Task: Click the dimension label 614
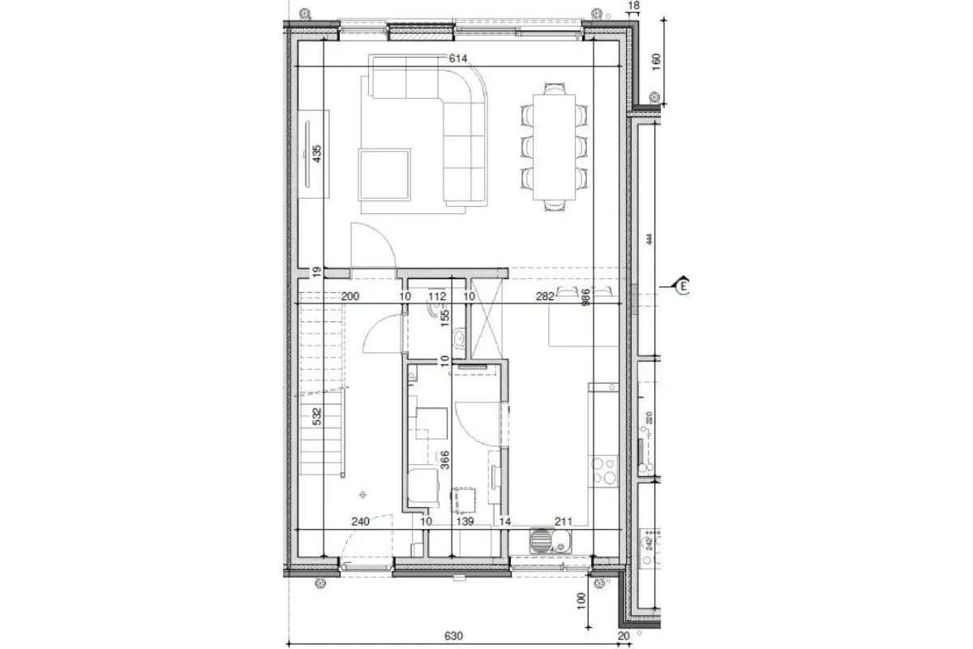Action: coord(459,58)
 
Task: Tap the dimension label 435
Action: coord(318,152)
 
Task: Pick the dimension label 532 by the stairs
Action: coord(318,417)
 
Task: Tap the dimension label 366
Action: coord(443,460)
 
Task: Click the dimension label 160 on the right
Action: coord(657,63)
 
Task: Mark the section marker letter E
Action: coord(684,286)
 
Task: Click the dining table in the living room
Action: coord(554,147)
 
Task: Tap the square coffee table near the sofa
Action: coord(385,174)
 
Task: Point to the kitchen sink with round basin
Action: coord(540,538)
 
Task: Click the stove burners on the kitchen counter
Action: coord(604,471)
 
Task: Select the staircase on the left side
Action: coord(324,381)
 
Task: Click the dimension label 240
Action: coord(361,522)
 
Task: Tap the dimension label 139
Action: coord(464,522)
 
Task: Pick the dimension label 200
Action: coord(350,297)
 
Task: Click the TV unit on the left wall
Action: coord(312,152)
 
